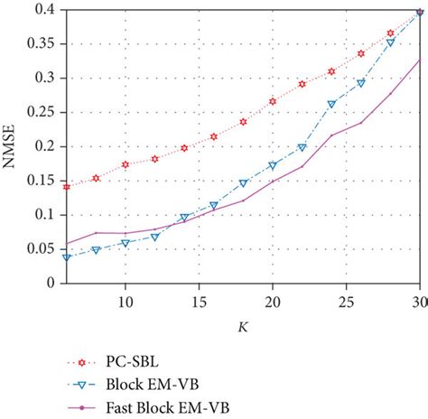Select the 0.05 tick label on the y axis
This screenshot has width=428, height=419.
pyautogui.click(x=40, y=249)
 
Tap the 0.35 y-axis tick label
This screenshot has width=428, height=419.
pyautogui.click(x=40, y=43)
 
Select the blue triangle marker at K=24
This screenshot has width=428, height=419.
pyautogui.click(x=331, y=104)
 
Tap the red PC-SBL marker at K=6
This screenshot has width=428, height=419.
pyautogui.click(x=67, y=186)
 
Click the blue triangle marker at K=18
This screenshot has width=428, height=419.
pyautogui.click(x=243, y=183)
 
